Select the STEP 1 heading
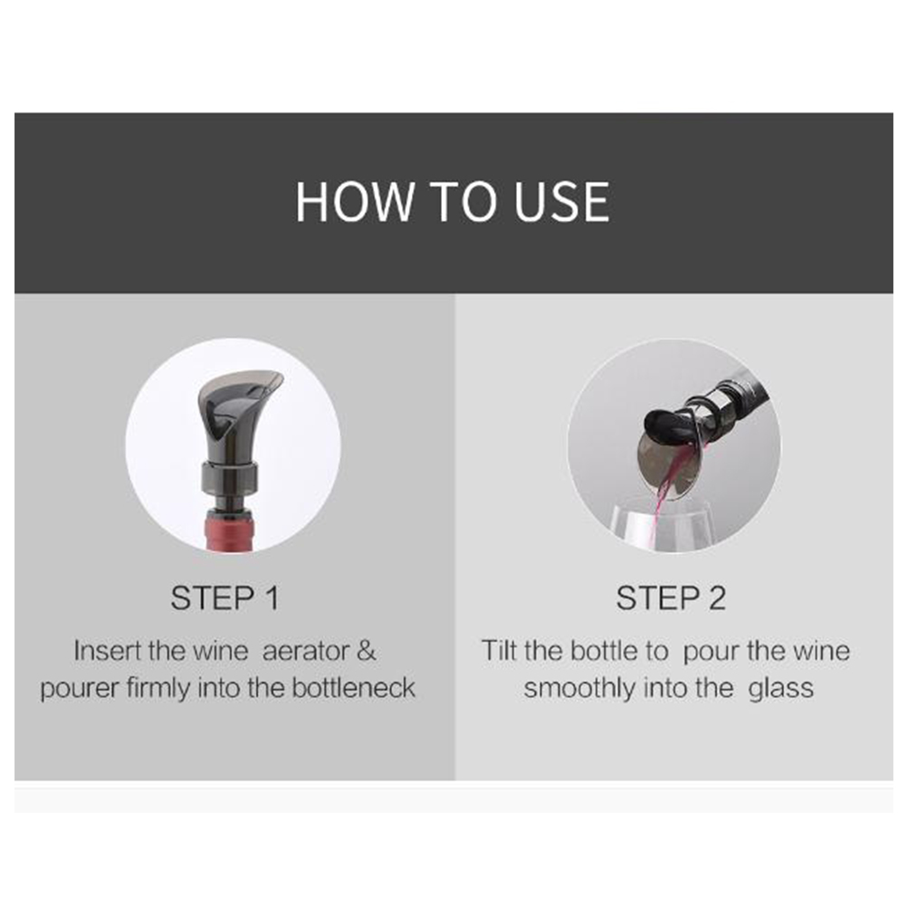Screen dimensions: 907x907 click(225, 598)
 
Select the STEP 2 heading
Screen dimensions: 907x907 click(671, 598)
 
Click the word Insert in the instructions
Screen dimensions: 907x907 click(108, 651)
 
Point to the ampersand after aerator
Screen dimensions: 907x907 click(367, 651)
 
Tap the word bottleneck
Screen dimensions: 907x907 click(353, 688)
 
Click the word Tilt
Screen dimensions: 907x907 click(499, 651)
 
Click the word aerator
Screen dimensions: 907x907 click(306, 652)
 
